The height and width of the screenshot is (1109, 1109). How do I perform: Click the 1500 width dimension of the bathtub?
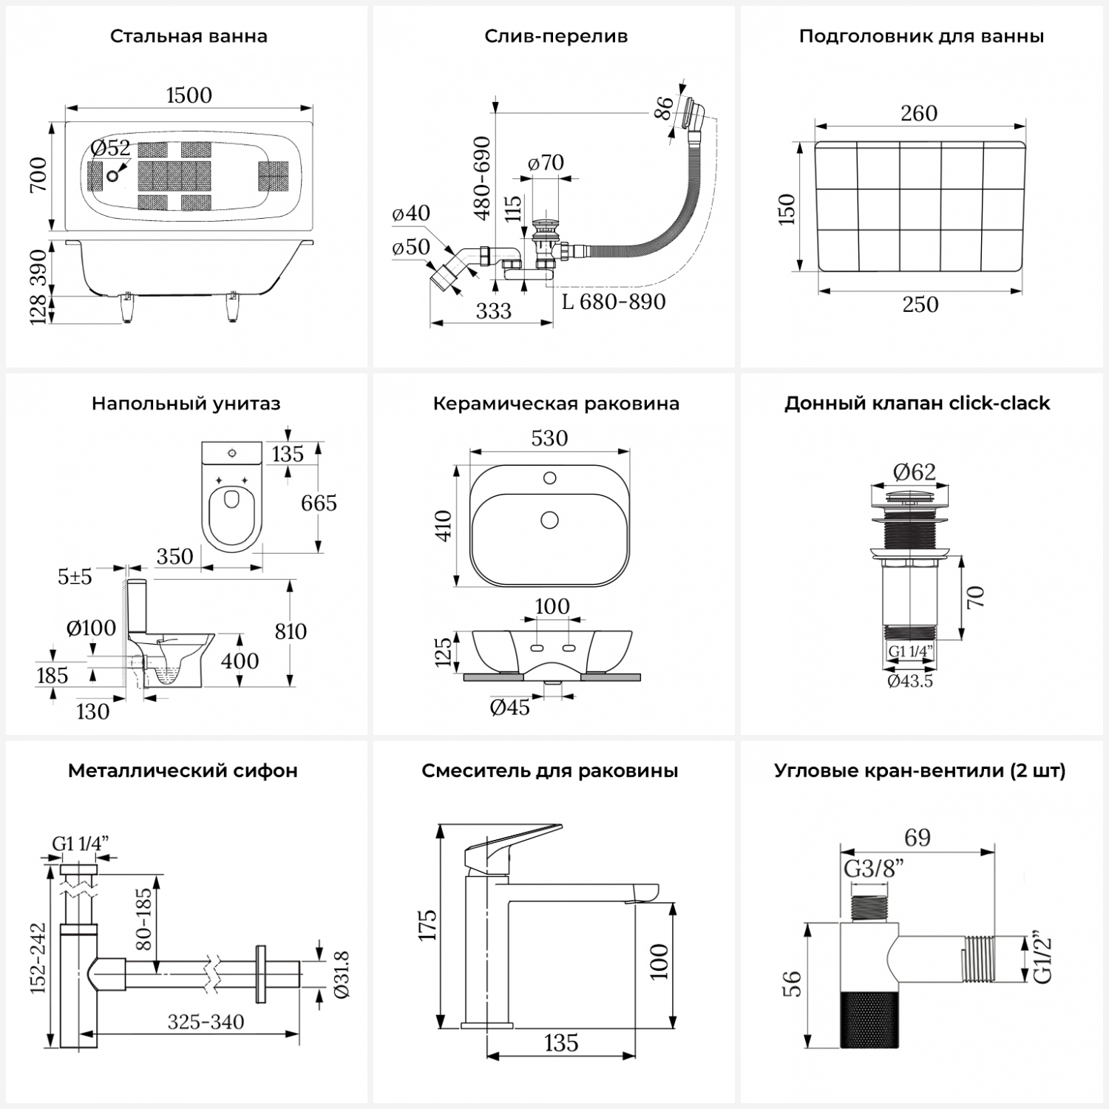[189, 95]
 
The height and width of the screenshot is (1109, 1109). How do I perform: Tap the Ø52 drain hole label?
[110, 149]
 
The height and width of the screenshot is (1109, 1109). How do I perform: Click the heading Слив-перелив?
[556, 36]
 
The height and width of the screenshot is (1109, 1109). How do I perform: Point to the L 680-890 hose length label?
[614, 302]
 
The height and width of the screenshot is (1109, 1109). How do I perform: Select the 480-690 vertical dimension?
[483, 177]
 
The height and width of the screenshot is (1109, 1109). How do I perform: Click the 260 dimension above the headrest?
[919, 113]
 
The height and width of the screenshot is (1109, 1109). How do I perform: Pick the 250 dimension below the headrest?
[920, 305]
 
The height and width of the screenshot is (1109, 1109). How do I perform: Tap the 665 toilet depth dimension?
[319, 503]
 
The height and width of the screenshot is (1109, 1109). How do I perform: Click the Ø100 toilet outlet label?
[91, 628]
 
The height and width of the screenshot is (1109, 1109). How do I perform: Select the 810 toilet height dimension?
[290, 631]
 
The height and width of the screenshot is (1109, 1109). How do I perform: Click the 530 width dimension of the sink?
[549, 438]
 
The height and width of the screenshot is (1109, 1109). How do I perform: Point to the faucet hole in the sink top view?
[549, 478]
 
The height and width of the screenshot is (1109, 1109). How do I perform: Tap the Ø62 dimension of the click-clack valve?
[914, 472]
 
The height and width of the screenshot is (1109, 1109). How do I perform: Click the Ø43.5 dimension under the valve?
[910, 681]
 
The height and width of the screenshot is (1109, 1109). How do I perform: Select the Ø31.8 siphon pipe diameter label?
[341, 975]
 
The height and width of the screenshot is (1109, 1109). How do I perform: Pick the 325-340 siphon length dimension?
[206, 1022]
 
